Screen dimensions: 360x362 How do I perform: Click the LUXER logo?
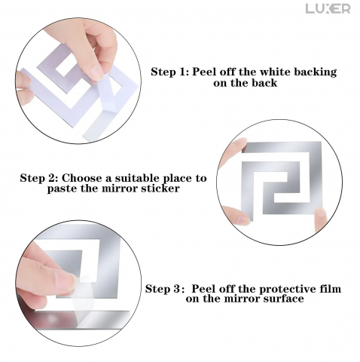[328, 9]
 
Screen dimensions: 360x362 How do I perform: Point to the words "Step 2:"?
[39, 178]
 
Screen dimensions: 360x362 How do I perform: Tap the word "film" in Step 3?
[331, 289]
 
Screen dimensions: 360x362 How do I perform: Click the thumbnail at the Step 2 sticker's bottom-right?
[320, 213]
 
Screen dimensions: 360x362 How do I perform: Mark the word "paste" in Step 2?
[63, 189]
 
